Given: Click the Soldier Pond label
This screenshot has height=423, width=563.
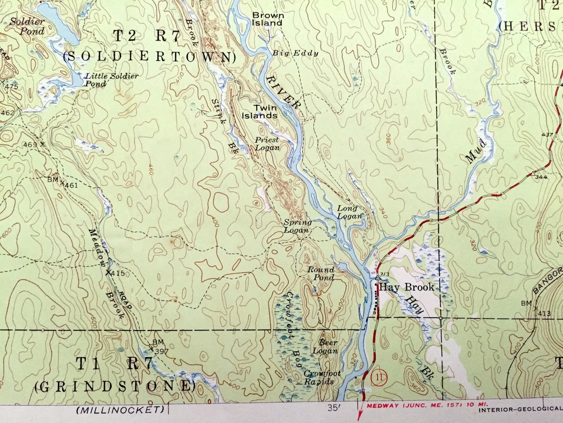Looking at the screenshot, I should pos(27,26).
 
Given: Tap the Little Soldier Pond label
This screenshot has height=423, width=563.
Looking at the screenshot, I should pos(111,80).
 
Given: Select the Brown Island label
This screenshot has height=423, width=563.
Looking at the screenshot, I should pos(268,19).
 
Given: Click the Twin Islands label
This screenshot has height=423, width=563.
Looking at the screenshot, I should pos(259,112).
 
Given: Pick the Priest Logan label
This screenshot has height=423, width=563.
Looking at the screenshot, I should pos(267,143).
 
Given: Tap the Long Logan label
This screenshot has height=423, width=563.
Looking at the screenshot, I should pos(350,212).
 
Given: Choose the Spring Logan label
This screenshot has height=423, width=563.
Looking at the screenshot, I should pos(297,226).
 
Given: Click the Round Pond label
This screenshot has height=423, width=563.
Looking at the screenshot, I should pos(321,274).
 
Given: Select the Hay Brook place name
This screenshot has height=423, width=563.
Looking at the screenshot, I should pos(406,287).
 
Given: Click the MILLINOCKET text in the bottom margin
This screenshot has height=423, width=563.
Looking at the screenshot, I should pos(120,410).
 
